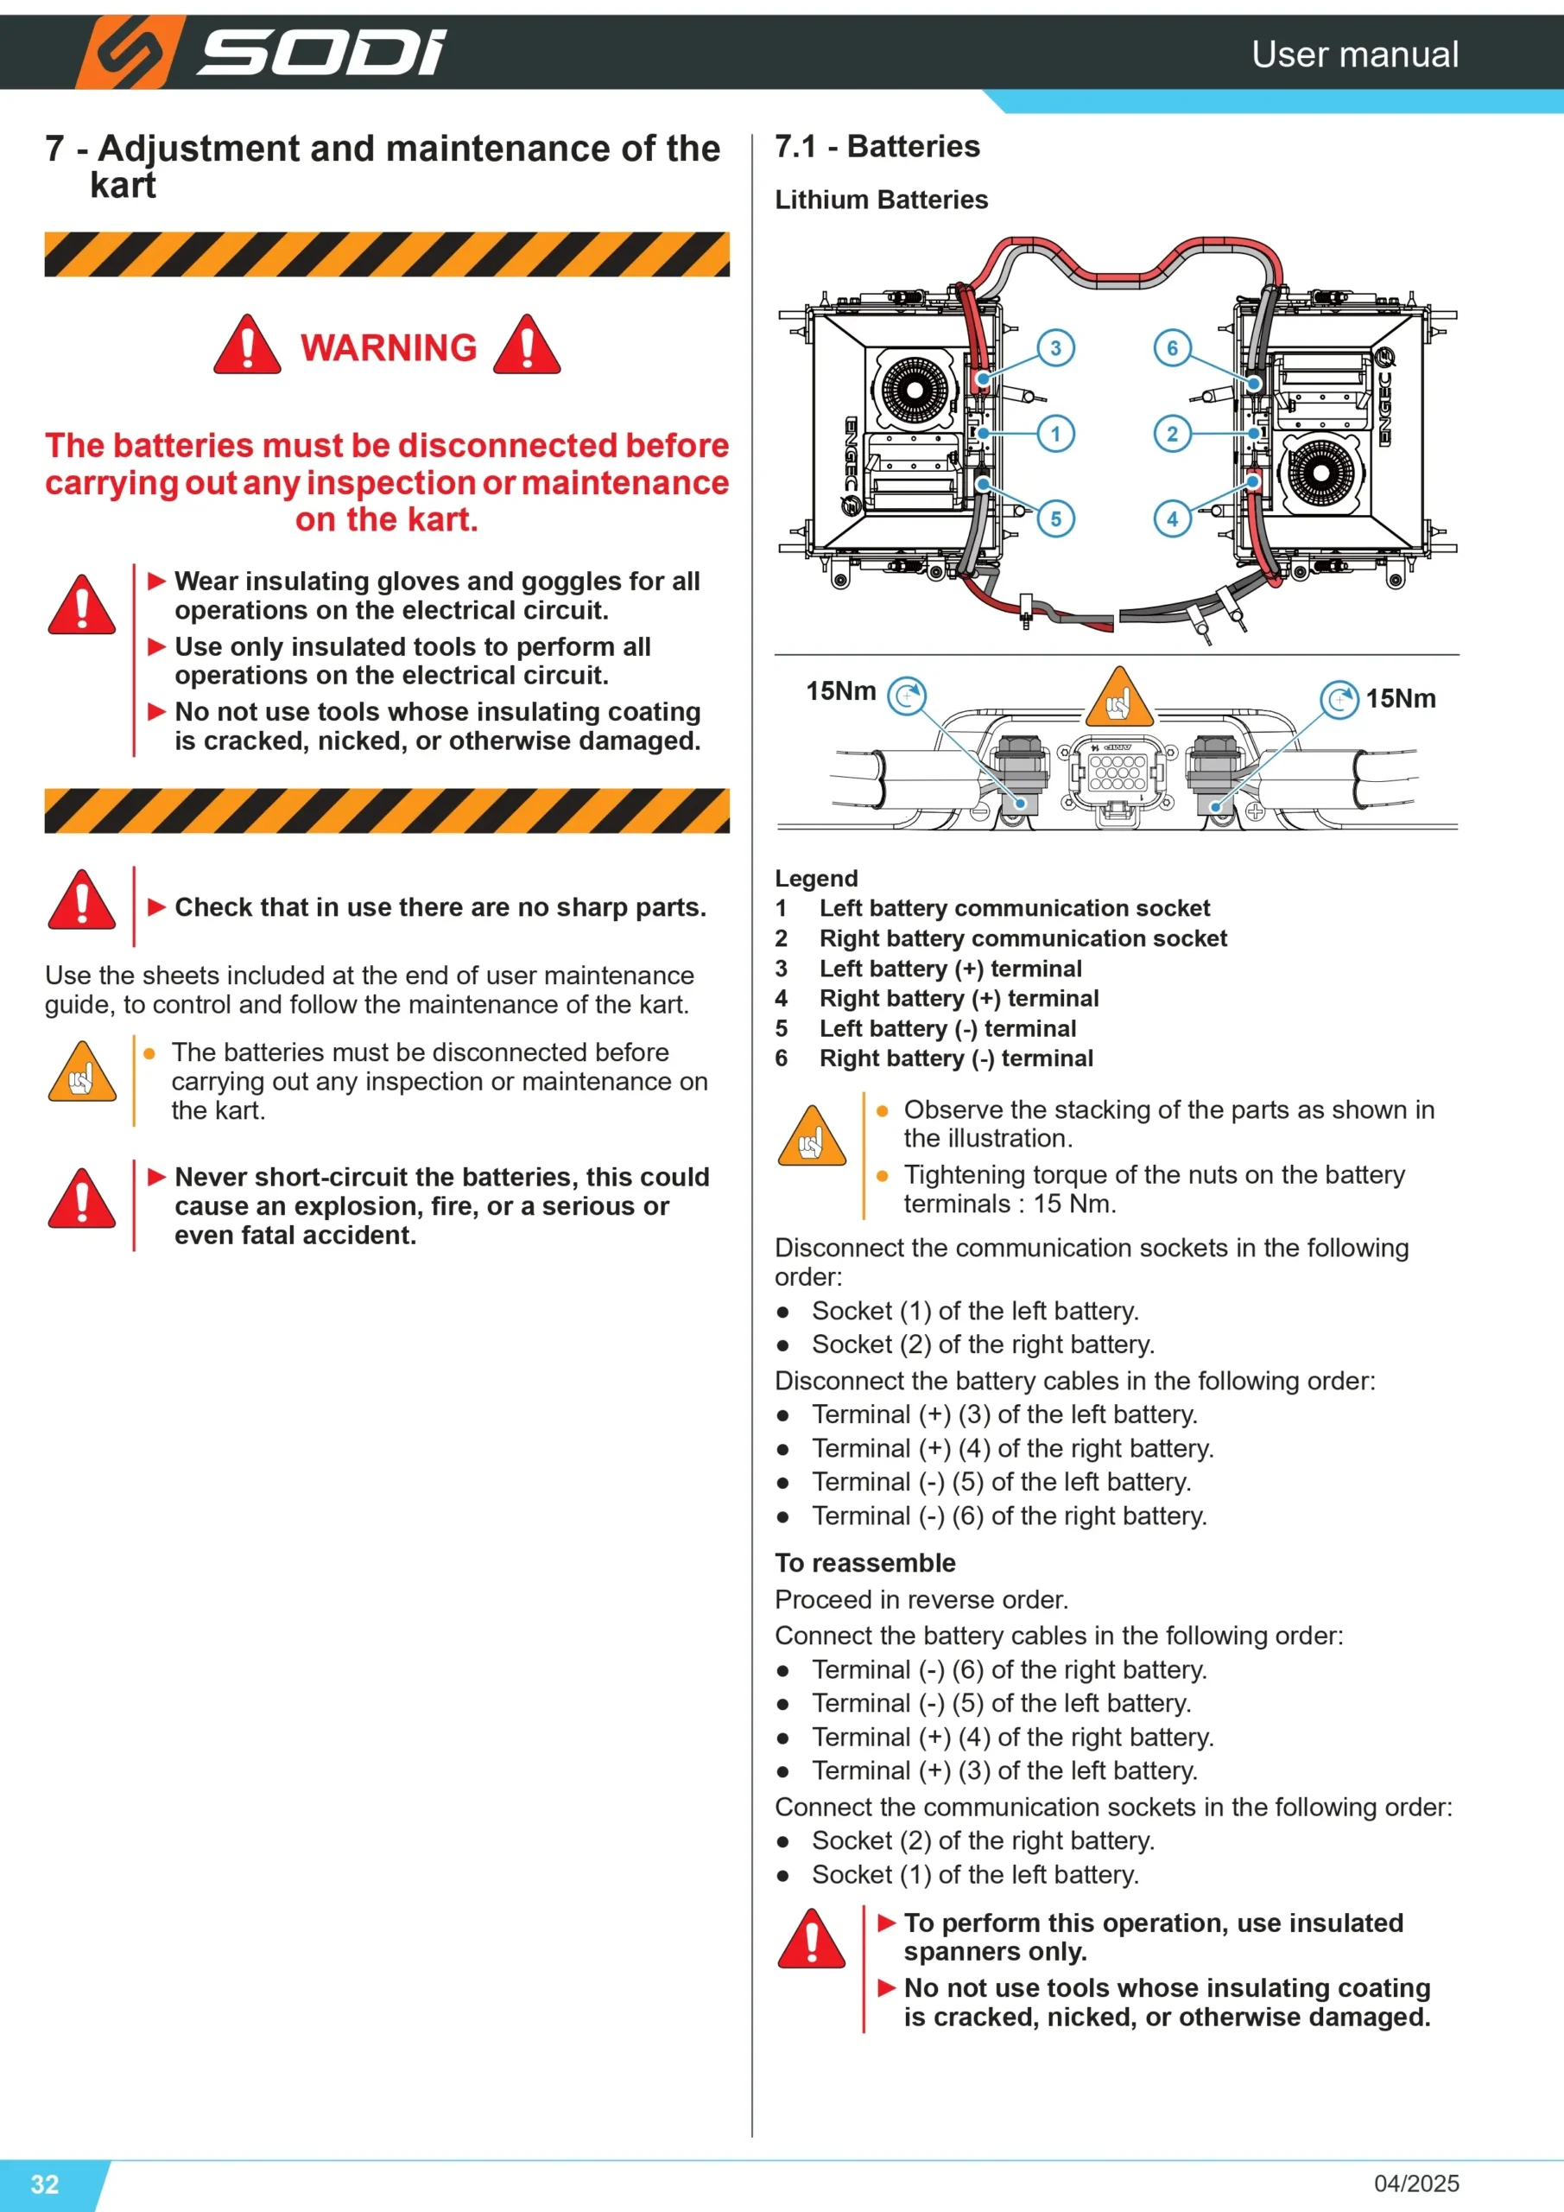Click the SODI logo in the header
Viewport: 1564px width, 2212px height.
pos(260,52)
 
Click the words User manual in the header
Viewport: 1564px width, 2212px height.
pos(1355,54)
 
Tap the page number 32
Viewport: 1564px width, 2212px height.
pos(45,2183)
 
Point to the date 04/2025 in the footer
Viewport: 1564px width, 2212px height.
pos(1416,2183)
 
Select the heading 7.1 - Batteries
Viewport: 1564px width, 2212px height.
pos(877,146)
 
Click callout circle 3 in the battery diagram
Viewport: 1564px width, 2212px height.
pos(1055,348)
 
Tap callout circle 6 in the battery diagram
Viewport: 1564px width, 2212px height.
pos(1172,348)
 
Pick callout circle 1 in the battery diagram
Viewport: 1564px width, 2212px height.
pos(1055,434)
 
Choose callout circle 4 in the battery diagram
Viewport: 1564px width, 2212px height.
pos(1172,519)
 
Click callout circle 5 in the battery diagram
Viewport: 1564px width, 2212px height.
pos(1055,519)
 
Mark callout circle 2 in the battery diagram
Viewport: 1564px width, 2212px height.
pos(1172,434)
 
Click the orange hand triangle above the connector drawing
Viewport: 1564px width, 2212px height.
pos(1119,697)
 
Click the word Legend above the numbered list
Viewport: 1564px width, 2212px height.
pos(817,879)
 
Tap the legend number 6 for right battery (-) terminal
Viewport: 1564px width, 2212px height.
pos(781,1058)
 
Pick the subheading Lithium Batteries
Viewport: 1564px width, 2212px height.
pos(881,200)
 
